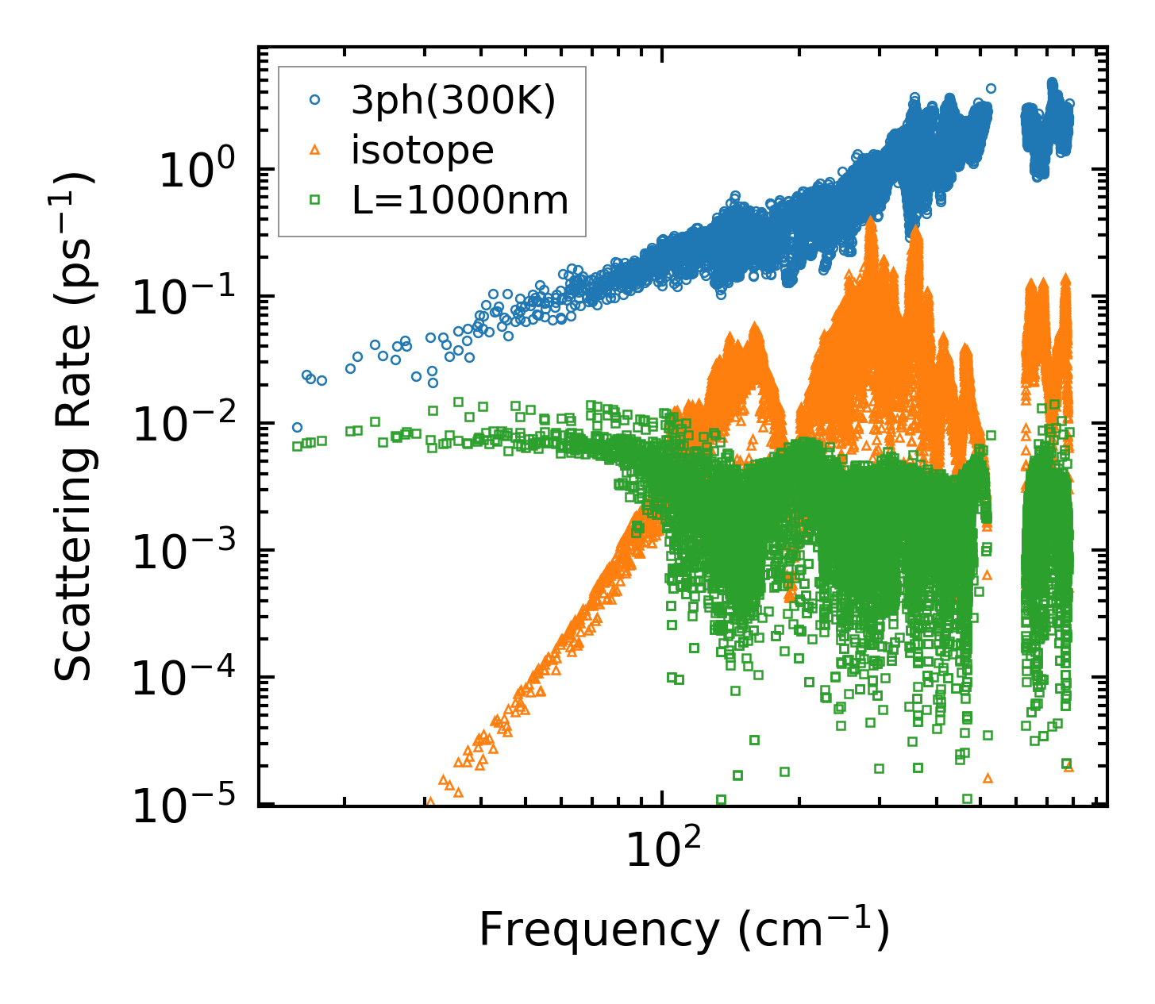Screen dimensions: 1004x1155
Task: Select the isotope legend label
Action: [422, 151]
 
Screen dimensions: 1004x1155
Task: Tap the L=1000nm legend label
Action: [460, 202]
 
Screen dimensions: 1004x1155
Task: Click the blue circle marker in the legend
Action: [315, 100]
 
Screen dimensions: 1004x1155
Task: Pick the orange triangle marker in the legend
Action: [315, 150]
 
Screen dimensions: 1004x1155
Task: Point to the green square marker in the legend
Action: [315, 201]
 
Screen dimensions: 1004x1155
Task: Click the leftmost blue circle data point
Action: [297, 427]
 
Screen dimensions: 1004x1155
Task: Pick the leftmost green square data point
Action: [297, 446]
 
